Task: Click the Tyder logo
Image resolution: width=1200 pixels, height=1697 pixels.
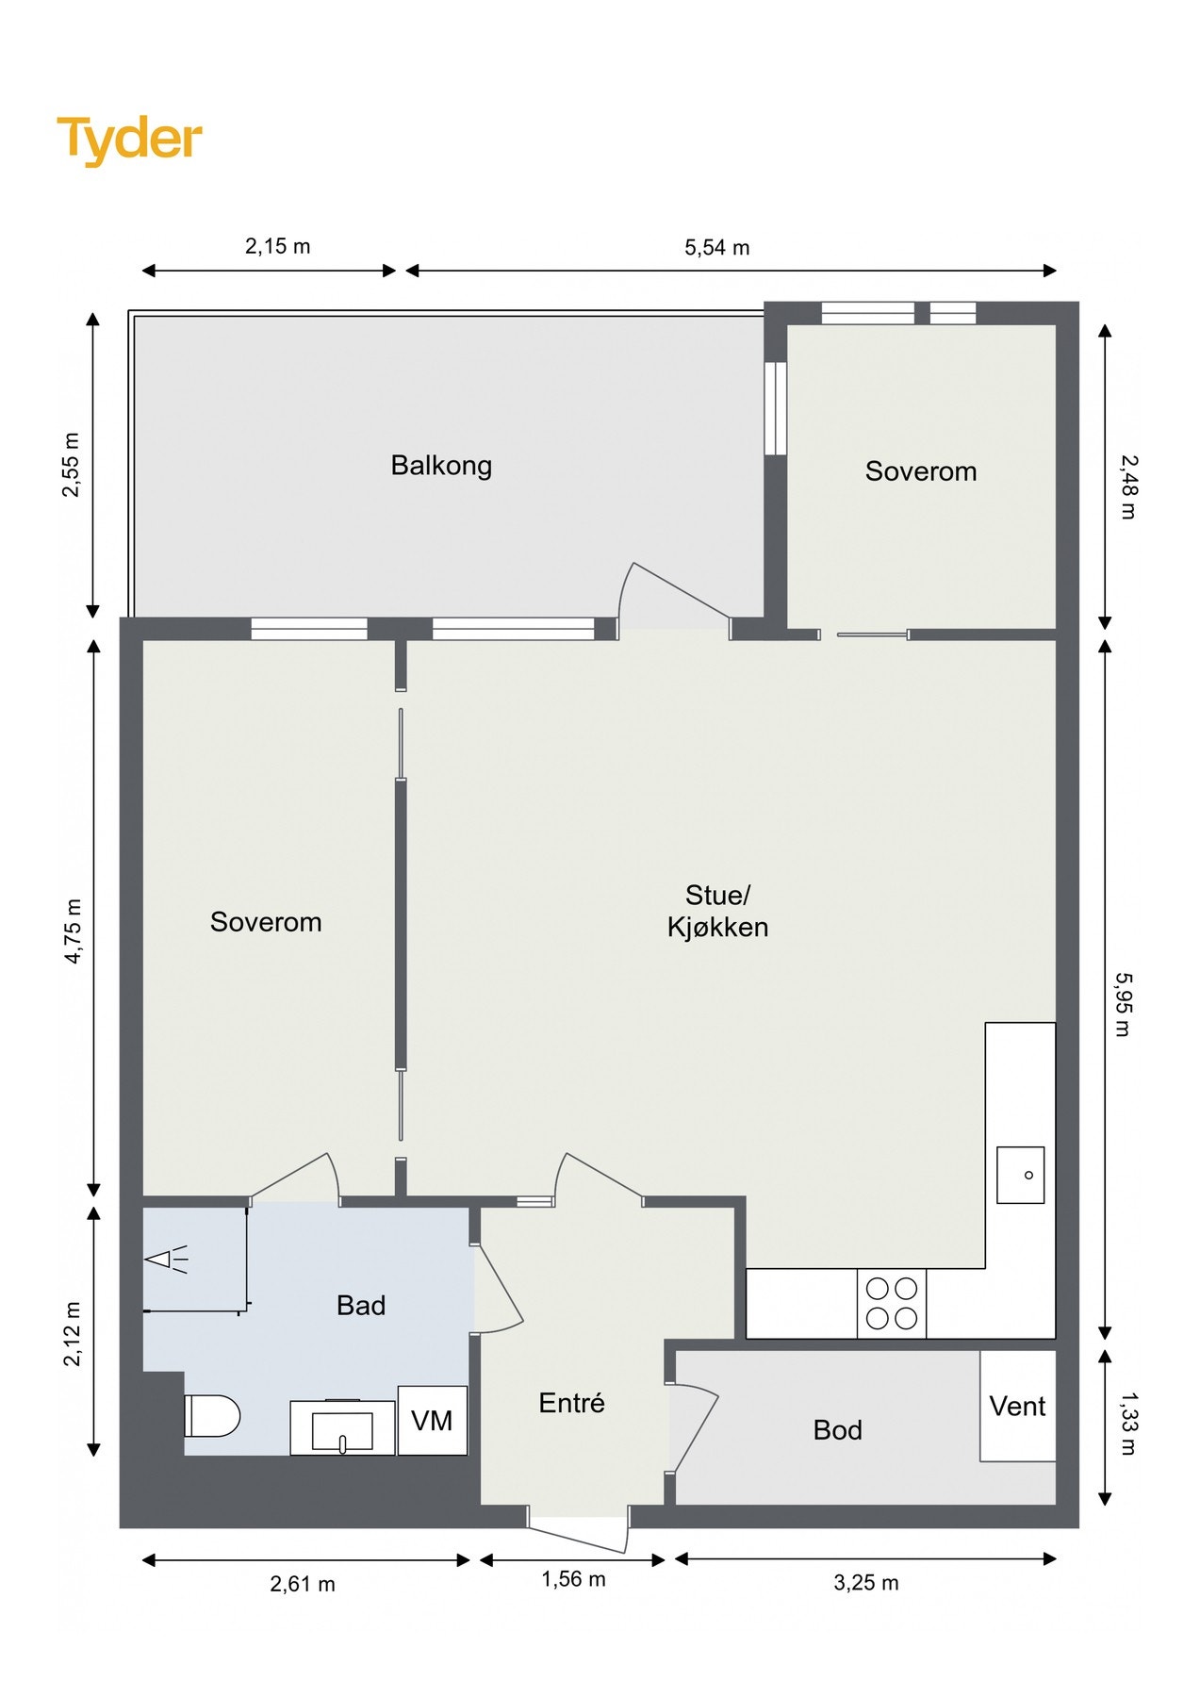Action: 129,140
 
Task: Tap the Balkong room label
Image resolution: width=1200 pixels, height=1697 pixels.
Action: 441,466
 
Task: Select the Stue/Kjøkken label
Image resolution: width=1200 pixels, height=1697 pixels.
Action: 717,911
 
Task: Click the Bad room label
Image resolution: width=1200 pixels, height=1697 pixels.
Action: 361,1306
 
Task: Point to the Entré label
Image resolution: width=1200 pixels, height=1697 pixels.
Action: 571,1403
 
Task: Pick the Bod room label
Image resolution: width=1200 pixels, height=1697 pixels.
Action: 837,1430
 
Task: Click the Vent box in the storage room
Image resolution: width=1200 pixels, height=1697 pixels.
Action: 1018,1406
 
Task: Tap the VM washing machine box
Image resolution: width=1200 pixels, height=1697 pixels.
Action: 433,1420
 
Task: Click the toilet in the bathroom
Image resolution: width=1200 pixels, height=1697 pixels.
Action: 212,1416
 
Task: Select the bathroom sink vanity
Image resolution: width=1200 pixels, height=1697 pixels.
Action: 342,1427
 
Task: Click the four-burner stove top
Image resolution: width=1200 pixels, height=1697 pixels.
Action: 892,1303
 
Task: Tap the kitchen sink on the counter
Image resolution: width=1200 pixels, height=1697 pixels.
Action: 1021,1175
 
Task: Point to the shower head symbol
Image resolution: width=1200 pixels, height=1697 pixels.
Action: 166,1260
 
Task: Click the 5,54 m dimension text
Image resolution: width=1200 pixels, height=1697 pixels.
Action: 717,248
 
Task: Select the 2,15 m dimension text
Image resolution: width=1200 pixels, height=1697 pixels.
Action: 277,246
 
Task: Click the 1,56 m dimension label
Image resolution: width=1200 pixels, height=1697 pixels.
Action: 573,1579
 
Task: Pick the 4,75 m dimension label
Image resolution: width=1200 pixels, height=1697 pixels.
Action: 73,931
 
